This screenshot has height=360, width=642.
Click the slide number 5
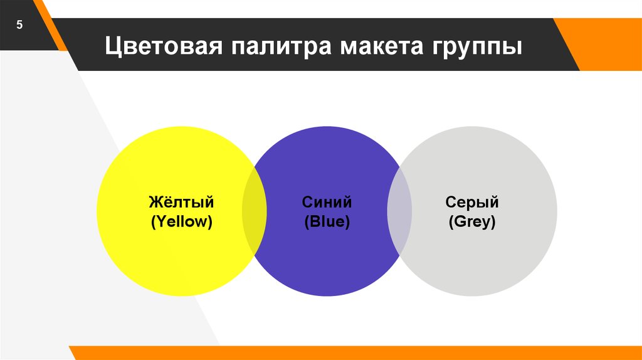pos(19,26)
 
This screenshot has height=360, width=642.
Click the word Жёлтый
pos(181,203)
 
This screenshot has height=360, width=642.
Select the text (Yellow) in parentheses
pos(181,221)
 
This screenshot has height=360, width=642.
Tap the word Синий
pos(327,203)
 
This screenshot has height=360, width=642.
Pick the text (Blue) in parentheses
pos(327,221)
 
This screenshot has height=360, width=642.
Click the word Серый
pos(471,203)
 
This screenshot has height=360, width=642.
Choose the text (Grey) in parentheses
pos(471,221)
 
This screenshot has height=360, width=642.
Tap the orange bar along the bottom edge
pos(351,352)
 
